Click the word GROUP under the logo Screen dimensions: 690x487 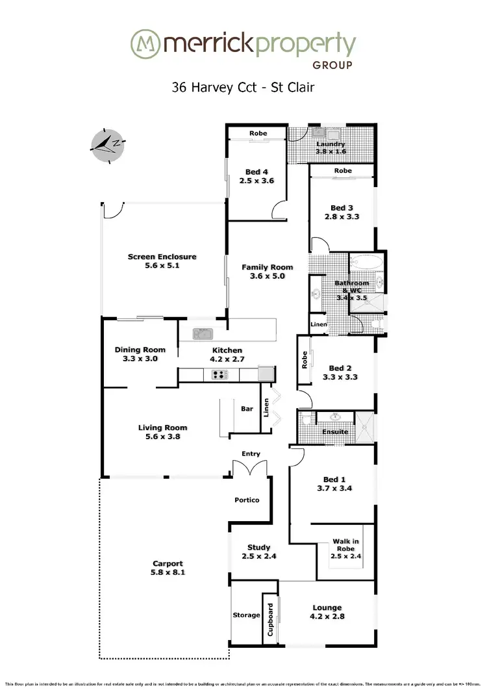click(x=332, y=66)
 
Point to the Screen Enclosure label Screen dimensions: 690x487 click(x=162, y=257)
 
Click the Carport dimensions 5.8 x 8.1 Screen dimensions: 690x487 click(x=168, y=572)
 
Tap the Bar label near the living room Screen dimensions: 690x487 click(x=247, y=409)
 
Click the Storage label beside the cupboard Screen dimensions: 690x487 click(x=246, y=615)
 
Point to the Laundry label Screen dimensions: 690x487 click(x=331, y=144)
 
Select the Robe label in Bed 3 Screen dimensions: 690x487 click(x=343, y=171)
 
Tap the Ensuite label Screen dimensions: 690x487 click(x=335, y=431)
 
